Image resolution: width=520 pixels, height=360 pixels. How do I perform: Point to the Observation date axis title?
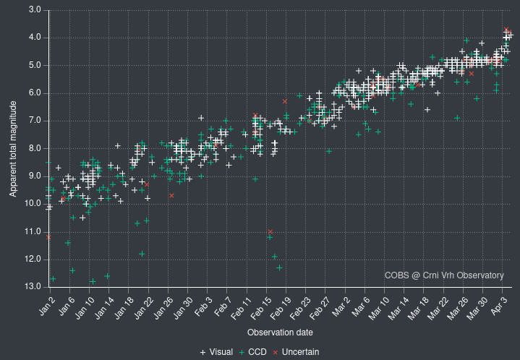pyautogui.click(x=280, y=333)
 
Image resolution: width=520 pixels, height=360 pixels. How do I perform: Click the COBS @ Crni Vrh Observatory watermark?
pyautogui.click(x=444, y=275)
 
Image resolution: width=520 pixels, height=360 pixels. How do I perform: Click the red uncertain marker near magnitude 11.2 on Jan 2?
pyautogui.click(x=48, y=237)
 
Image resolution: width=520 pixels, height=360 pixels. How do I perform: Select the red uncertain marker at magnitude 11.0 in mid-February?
pyautogui.click(x=270, y=231)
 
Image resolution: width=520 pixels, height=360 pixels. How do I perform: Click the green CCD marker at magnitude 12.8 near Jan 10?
pyautogui.click(x=93, y=281)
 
